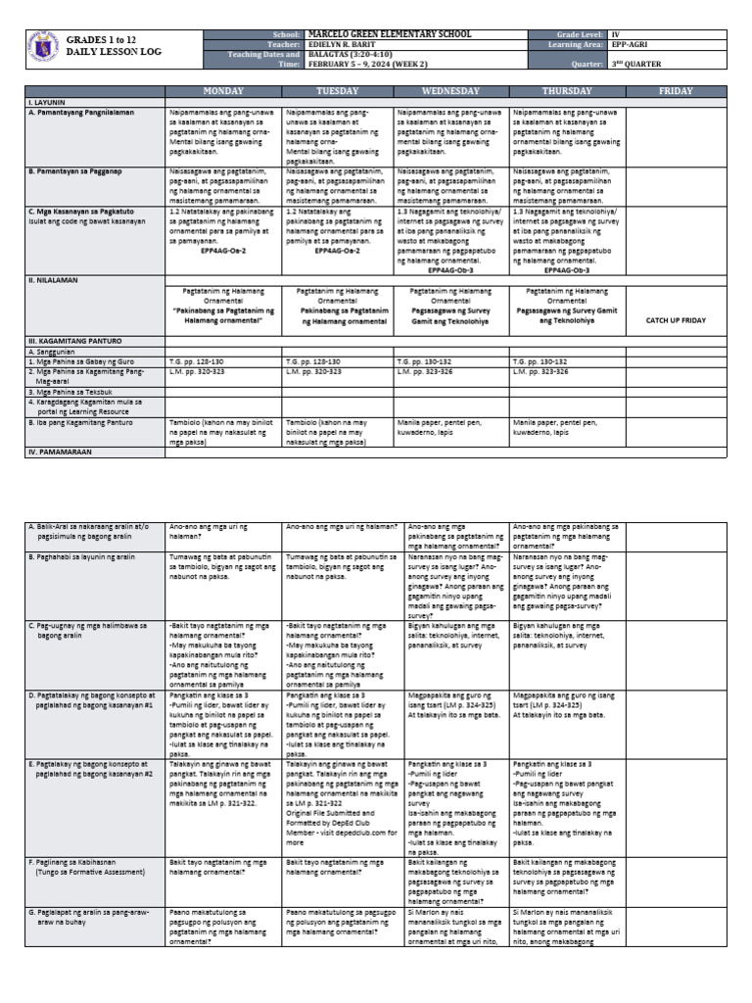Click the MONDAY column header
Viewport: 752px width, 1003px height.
(x=222, y=91)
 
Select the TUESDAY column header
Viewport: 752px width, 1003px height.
(x=336, y=91)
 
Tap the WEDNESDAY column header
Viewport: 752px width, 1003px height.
(x=449, y=91)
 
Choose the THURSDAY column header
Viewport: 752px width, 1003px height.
(x=566, y=91)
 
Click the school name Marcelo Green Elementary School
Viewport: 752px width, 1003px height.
(x=390, y=34)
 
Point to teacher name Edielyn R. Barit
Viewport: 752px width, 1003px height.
(x=349, y=45)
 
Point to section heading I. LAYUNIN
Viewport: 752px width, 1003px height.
(x=48, y=102)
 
